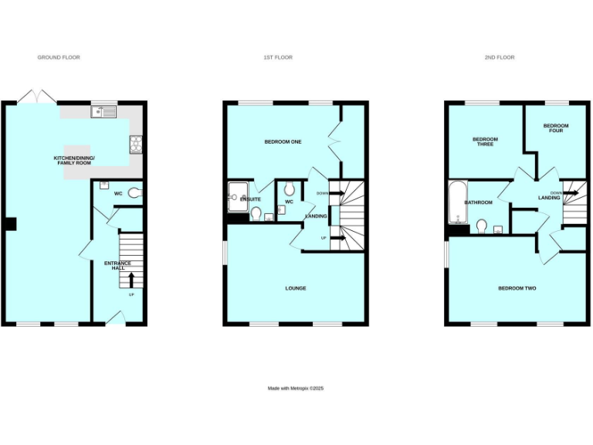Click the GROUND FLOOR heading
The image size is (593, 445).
(x=59, y=57)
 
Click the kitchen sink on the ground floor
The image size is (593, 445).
(x=103, y=113)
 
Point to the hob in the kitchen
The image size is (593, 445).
(x=137, y=142)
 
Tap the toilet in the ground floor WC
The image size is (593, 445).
(x=134, y=193)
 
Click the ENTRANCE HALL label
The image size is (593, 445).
(x=119, y=266)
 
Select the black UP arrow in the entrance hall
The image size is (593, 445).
(x=130, y=279)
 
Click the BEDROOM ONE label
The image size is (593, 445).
(x=283, y=141)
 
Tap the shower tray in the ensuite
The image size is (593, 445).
(x=235, y=193)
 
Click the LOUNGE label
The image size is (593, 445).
(x=296, y=288)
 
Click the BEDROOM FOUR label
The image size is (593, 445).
(x=555, y=128)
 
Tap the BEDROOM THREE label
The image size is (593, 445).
(x=486, y=142)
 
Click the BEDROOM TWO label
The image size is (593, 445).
(x=517, y=288)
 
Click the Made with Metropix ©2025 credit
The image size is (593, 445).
(x=296, y=388)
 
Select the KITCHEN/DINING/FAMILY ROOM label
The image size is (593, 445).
(x=73, y=161)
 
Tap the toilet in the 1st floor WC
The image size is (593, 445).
(x=288, y=189)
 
